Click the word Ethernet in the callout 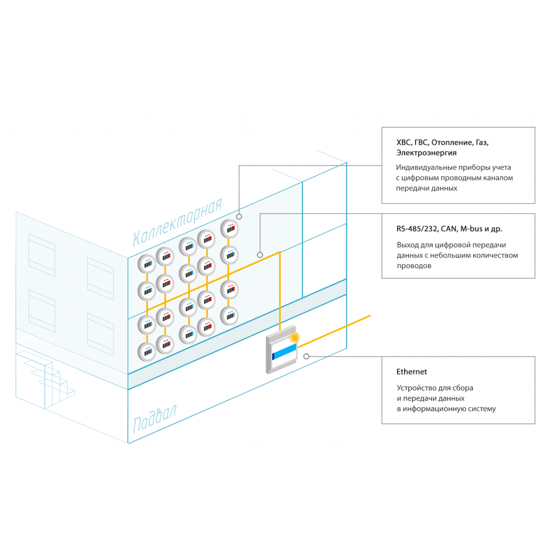(x=412, y=372)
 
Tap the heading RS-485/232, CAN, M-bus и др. (x=449, y=229)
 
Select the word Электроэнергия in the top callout (x=426, y=153)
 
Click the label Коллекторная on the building (x=177, y=222)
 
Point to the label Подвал (x=155, y=419)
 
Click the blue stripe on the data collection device (x=285, y=352)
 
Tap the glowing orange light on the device (x=294, y=338)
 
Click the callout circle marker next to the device (x=306, y=357)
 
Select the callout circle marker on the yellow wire (x=260, y=255)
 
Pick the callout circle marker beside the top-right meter (x=239, y=216)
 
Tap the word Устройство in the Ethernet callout (x=417, y=388)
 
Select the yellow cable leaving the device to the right (x=334, y=332)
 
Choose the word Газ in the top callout (x=482, y=143)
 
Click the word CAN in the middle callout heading (x=449, y=229)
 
